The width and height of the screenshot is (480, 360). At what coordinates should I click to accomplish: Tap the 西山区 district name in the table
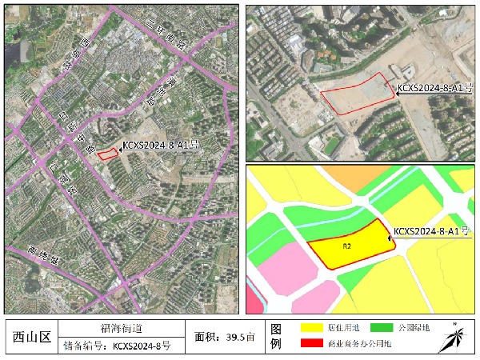[32, 337]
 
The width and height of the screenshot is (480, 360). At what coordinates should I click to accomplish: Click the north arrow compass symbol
[456, 337]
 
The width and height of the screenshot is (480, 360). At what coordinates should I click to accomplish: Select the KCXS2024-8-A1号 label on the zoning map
[430, 231]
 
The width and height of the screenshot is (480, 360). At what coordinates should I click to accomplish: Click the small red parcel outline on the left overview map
[106, 154]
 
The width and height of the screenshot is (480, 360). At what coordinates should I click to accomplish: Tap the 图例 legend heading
[276, 337]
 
